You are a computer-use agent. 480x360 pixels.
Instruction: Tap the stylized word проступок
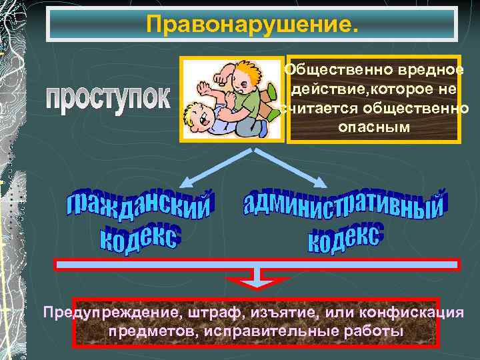[109, 100]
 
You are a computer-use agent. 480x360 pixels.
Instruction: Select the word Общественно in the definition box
[330, 69]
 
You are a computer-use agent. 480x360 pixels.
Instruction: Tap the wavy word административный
[343, 203]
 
